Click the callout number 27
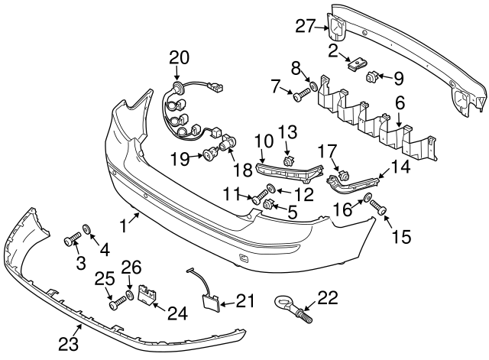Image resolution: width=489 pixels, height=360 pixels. coord(306,27)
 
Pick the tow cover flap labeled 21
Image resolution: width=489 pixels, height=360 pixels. coord(208,301)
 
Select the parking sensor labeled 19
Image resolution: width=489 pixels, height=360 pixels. coord(209,157)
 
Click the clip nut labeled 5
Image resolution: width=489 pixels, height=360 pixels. coord(269,203)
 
